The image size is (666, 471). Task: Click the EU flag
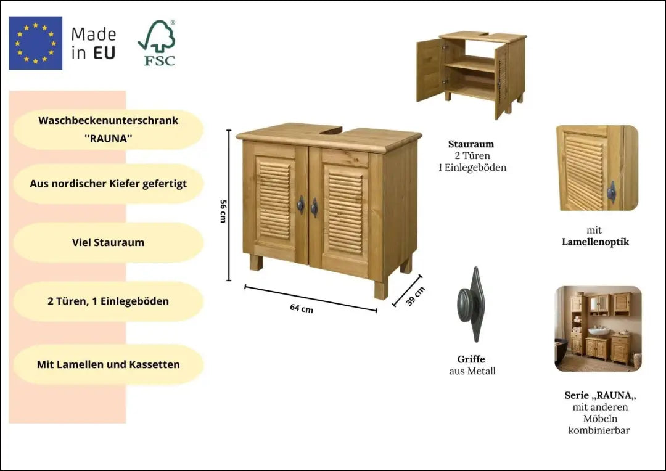[x=36, y=43]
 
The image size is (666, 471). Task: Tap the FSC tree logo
[x=157, y=43]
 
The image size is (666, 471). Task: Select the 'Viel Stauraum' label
[x=109, y=242]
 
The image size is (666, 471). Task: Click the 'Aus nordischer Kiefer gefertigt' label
[x=109, y=184]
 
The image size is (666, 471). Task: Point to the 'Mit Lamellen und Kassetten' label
[x=109, y=364]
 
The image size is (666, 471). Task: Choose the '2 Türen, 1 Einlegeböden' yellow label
[x=109, y=301]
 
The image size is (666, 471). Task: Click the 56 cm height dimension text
[x=223, y=211]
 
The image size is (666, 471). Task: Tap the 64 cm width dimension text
[x=302, y=308]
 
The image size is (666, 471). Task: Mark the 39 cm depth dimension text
[x=415, y=296]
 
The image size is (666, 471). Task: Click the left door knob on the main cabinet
[x=301, y=205]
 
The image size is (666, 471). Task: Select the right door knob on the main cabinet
[x=314, y=208]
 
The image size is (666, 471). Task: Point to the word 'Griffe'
[x=471, y=359]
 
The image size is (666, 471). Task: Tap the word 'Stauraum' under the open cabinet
[x=471, y=144]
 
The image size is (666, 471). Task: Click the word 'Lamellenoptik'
[x=595, y=242]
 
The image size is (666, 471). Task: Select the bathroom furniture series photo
[x=598, y=329]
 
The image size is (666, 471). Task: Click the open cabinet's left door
[x=430, y=69]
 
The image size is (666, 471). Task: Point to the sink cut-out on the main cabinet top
[x=331, y=129]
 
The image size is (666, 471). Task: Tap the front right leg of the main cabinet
[x=381, y=289]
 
